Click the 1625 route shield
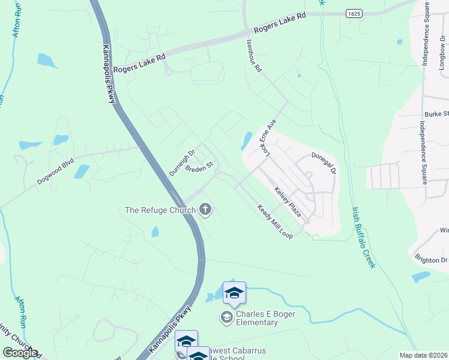(354, 13)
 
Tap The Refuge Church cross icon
(206, 209)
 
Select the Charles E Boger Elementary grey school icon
(226, 317)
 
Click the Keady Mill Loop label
(275, 222)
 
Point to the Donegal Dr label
(325, 163)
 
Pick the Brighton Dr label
(431, 260)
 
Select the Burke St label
(436, 113)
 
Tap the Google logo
(20, 353)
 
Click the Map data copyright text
(424, 355)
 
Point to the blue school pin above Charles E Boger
(234, 292)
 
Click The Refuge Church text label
(160, 210)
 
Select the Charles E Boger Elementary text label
(257, 318)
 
